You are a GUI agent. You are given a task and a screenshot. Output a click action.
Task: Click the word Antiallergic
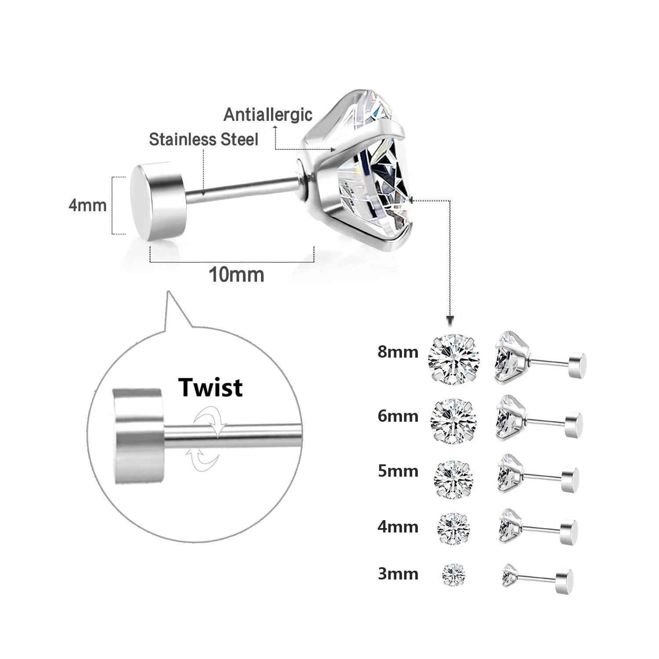268,114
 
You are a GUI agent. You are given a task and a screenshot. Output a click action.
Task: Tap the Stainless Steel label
203,139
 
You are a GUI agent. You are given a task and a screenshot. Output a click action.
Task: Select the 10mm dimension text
236,275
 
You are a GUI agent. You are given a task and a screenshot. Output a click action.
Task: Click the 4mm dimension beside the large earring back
87,205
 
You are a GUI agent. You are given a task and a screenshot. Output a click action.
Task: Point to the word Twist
210,387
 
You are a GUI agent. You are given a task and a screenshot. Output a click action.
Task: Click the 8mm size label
398,352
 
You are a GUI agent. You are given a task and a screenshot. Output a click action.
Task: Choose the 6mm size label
398,416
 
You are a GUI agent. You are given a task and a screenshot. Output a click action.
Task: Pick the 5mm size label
398,471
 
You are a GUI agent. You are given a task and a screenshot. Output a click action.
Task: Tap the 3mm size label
398,574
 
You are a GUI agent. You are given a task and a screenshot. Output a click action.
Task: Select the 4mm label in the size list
398,526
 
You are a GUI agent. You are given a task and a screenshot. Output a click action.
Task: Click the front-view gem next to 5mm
454,478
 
